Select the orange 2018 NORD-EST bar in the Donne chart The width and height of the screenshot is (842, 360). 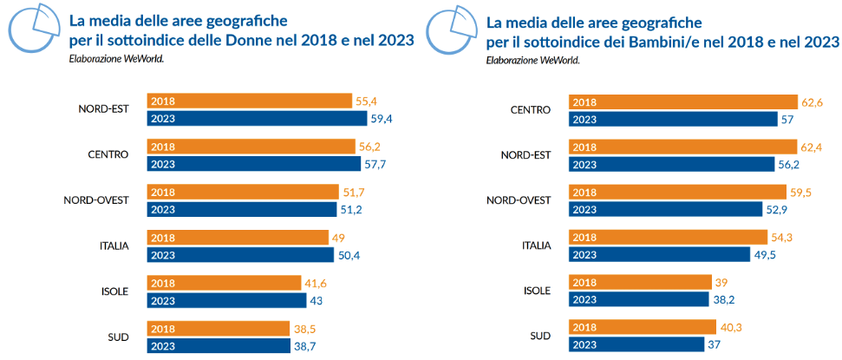click(x=249, y=101)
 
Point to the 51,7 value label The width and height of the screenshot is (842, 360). click(x=355, y=192)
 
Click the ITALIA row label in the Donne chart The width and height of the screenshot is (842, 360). click(x=114, y=245)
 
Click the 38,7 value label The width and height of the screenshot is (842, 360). click(x=306, y=344)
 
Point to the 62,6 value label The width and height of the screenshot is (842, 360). click(x=812, y=101)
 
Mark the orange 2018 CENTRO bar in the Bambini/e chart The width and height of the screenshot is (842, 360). click(x=682, y=101)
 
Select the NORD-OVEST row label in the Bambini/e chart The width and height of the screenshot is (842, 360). click(x=518, y=200)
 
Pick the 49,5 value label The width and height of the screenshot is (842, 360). click(x=766, y=254)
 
